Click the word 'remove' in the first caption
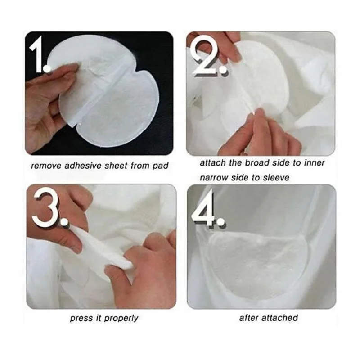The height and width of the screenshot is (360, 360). pyautogui.click(x=45, y=166)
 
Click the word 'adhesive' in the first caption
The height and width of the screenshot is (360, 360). pyautogui.click(x=81, y=166)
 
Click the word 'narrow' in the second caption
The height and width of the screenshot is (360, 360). pyautogui.click(x=214, y=178)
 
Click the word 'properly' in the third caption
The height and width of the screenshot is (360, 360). pyautogui.click(x=121, y=318)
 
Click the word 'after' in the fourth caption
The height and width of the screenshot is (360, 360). pyautogui.click(x=248, y=318)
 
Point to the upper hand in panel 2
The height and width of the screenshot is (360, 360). pyautogui.click(x=216, y=45)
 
